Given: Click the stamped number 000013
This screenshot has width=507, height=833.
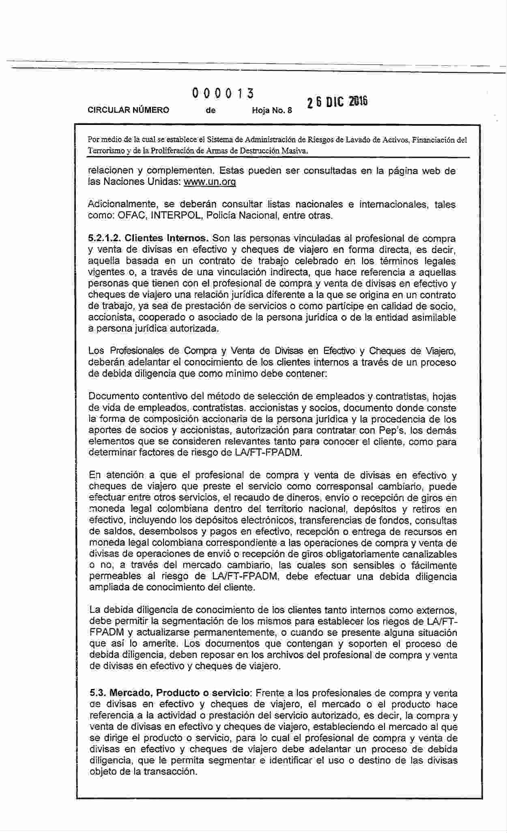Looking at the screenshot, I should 223,93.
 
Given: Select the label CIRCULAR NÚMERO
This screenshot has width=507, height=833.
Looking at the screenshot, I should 129,110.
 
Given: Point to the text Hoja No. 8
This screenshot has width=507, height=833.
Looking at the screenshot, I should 272,110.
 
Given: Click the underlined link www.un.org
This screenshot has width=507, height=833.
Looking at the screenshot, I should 210,182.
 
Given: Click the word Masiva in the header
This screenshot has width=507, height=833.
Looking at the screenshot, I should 295,151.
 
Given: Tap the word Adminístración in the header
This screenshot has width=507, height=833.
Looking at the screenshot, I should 272,140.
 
